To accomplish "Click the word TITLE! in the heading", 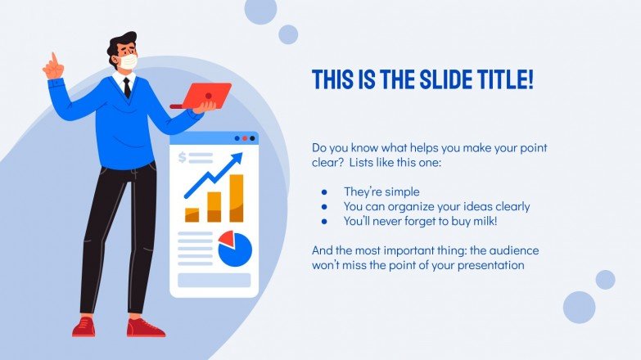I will (x=499, y=79).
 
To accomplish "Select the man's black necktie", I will (x=128, y=86).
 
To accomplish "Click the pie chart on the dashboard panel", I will (x=235, y=248).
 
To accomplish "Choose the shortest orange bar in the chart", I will (x=192, y=214).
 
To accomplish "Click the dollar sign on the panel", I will (x=183, y=157).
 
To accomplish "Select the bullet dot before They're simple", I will (x=324, y=192).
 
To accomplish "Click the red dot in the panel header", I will (x=245, y=139).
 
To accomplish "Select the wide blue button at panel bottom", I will (x=214, y=281).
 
